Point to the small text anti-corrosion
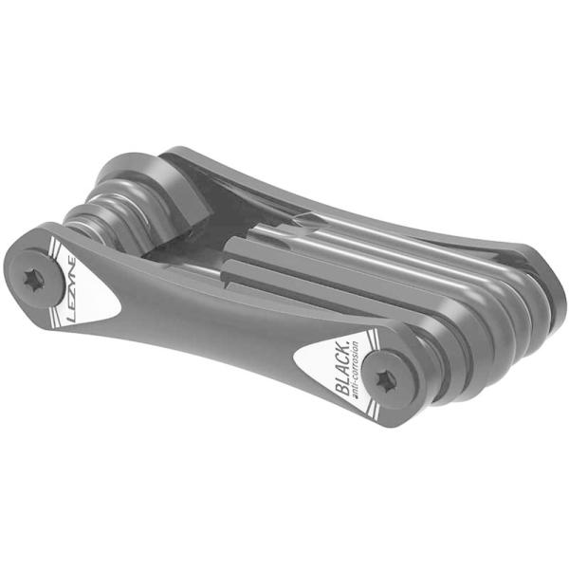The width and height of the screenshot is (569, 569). click(359, 375)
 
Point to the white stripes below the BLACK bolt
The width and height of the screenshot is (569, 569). click(379, 414)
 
